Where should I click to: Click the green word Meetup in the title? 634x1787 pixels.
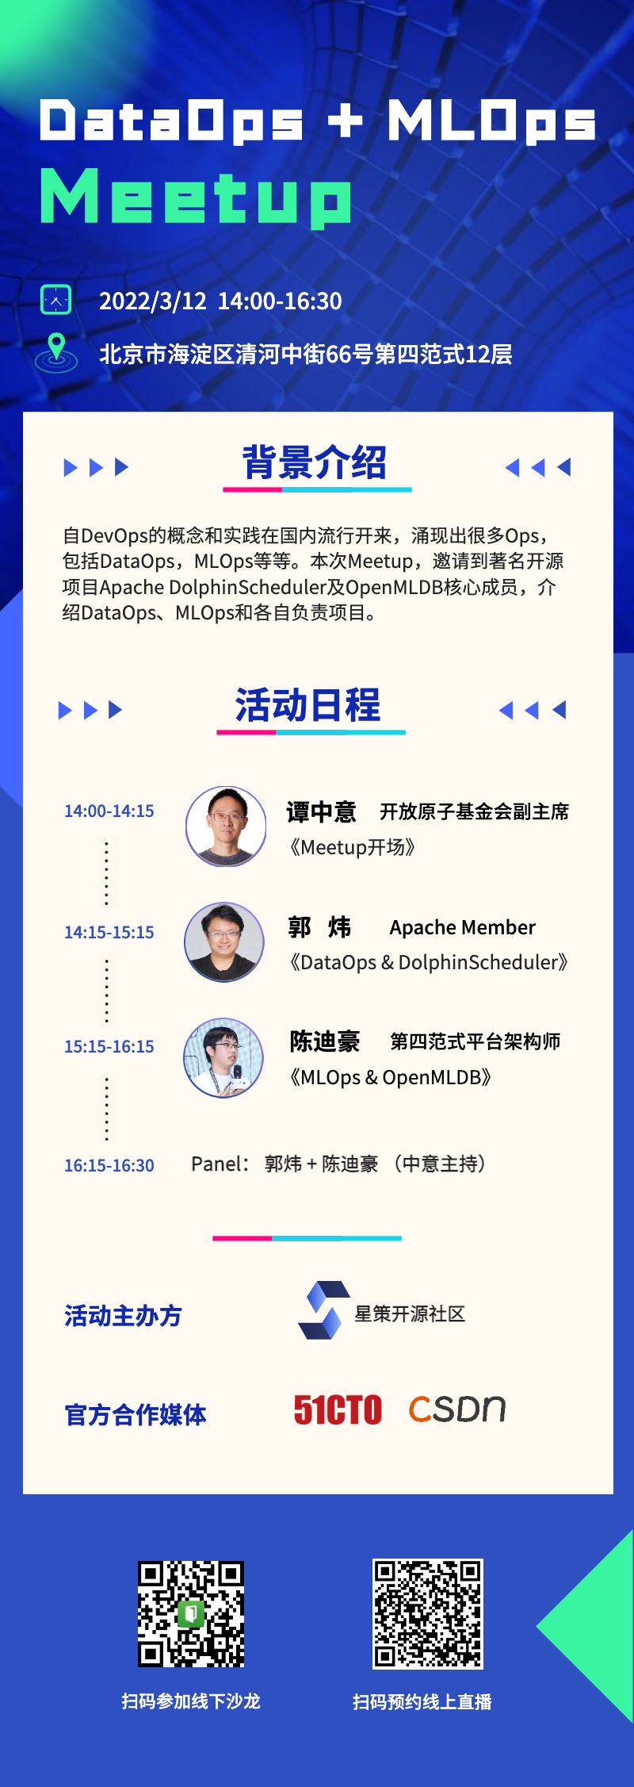coord(196,197)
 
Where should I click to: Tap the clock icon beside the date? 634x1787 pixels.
coord(55,300)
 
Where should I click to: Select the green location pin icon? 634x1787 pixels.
coord(56,351)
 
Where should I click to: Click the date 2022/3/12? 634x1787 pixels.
coord(152,301)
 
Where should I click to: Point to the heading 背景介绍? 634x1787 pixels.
coord(315,462)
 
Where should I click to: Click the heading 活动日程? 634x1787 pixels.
coord(308,705)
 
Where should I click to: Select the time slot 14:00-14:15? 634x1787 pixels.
coord(109,811)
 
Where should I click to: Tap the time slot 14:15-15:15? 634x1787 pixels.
coord(109,932)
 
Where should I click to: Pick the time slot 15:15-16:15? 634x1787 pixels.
coord(109,1046)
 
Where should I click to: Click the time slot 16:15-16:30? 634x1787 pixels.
coord(109,1165)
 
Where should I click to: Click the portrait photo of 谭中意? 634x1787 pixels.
coord(226,826)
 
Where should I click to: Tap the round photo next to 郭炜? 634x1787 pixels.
coord(224,942)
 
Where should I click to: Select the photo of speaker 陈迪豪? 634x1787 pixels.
coord(223,1058)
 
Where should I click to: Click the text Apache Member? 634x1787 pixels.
coord(463,927)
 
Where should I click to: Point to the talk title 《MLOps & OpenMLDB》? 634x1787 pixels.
coord(391,1077)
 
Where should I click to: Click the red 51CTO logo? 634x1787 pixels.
coord(338,1409)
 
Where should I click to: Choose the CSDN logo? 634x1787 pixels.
coord(457,1409)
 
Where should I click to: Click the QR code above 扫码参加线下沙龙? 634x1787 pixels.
coord(191,1614)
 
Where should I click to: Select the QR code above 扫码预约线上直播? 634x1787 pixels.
coord(428,1614)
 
